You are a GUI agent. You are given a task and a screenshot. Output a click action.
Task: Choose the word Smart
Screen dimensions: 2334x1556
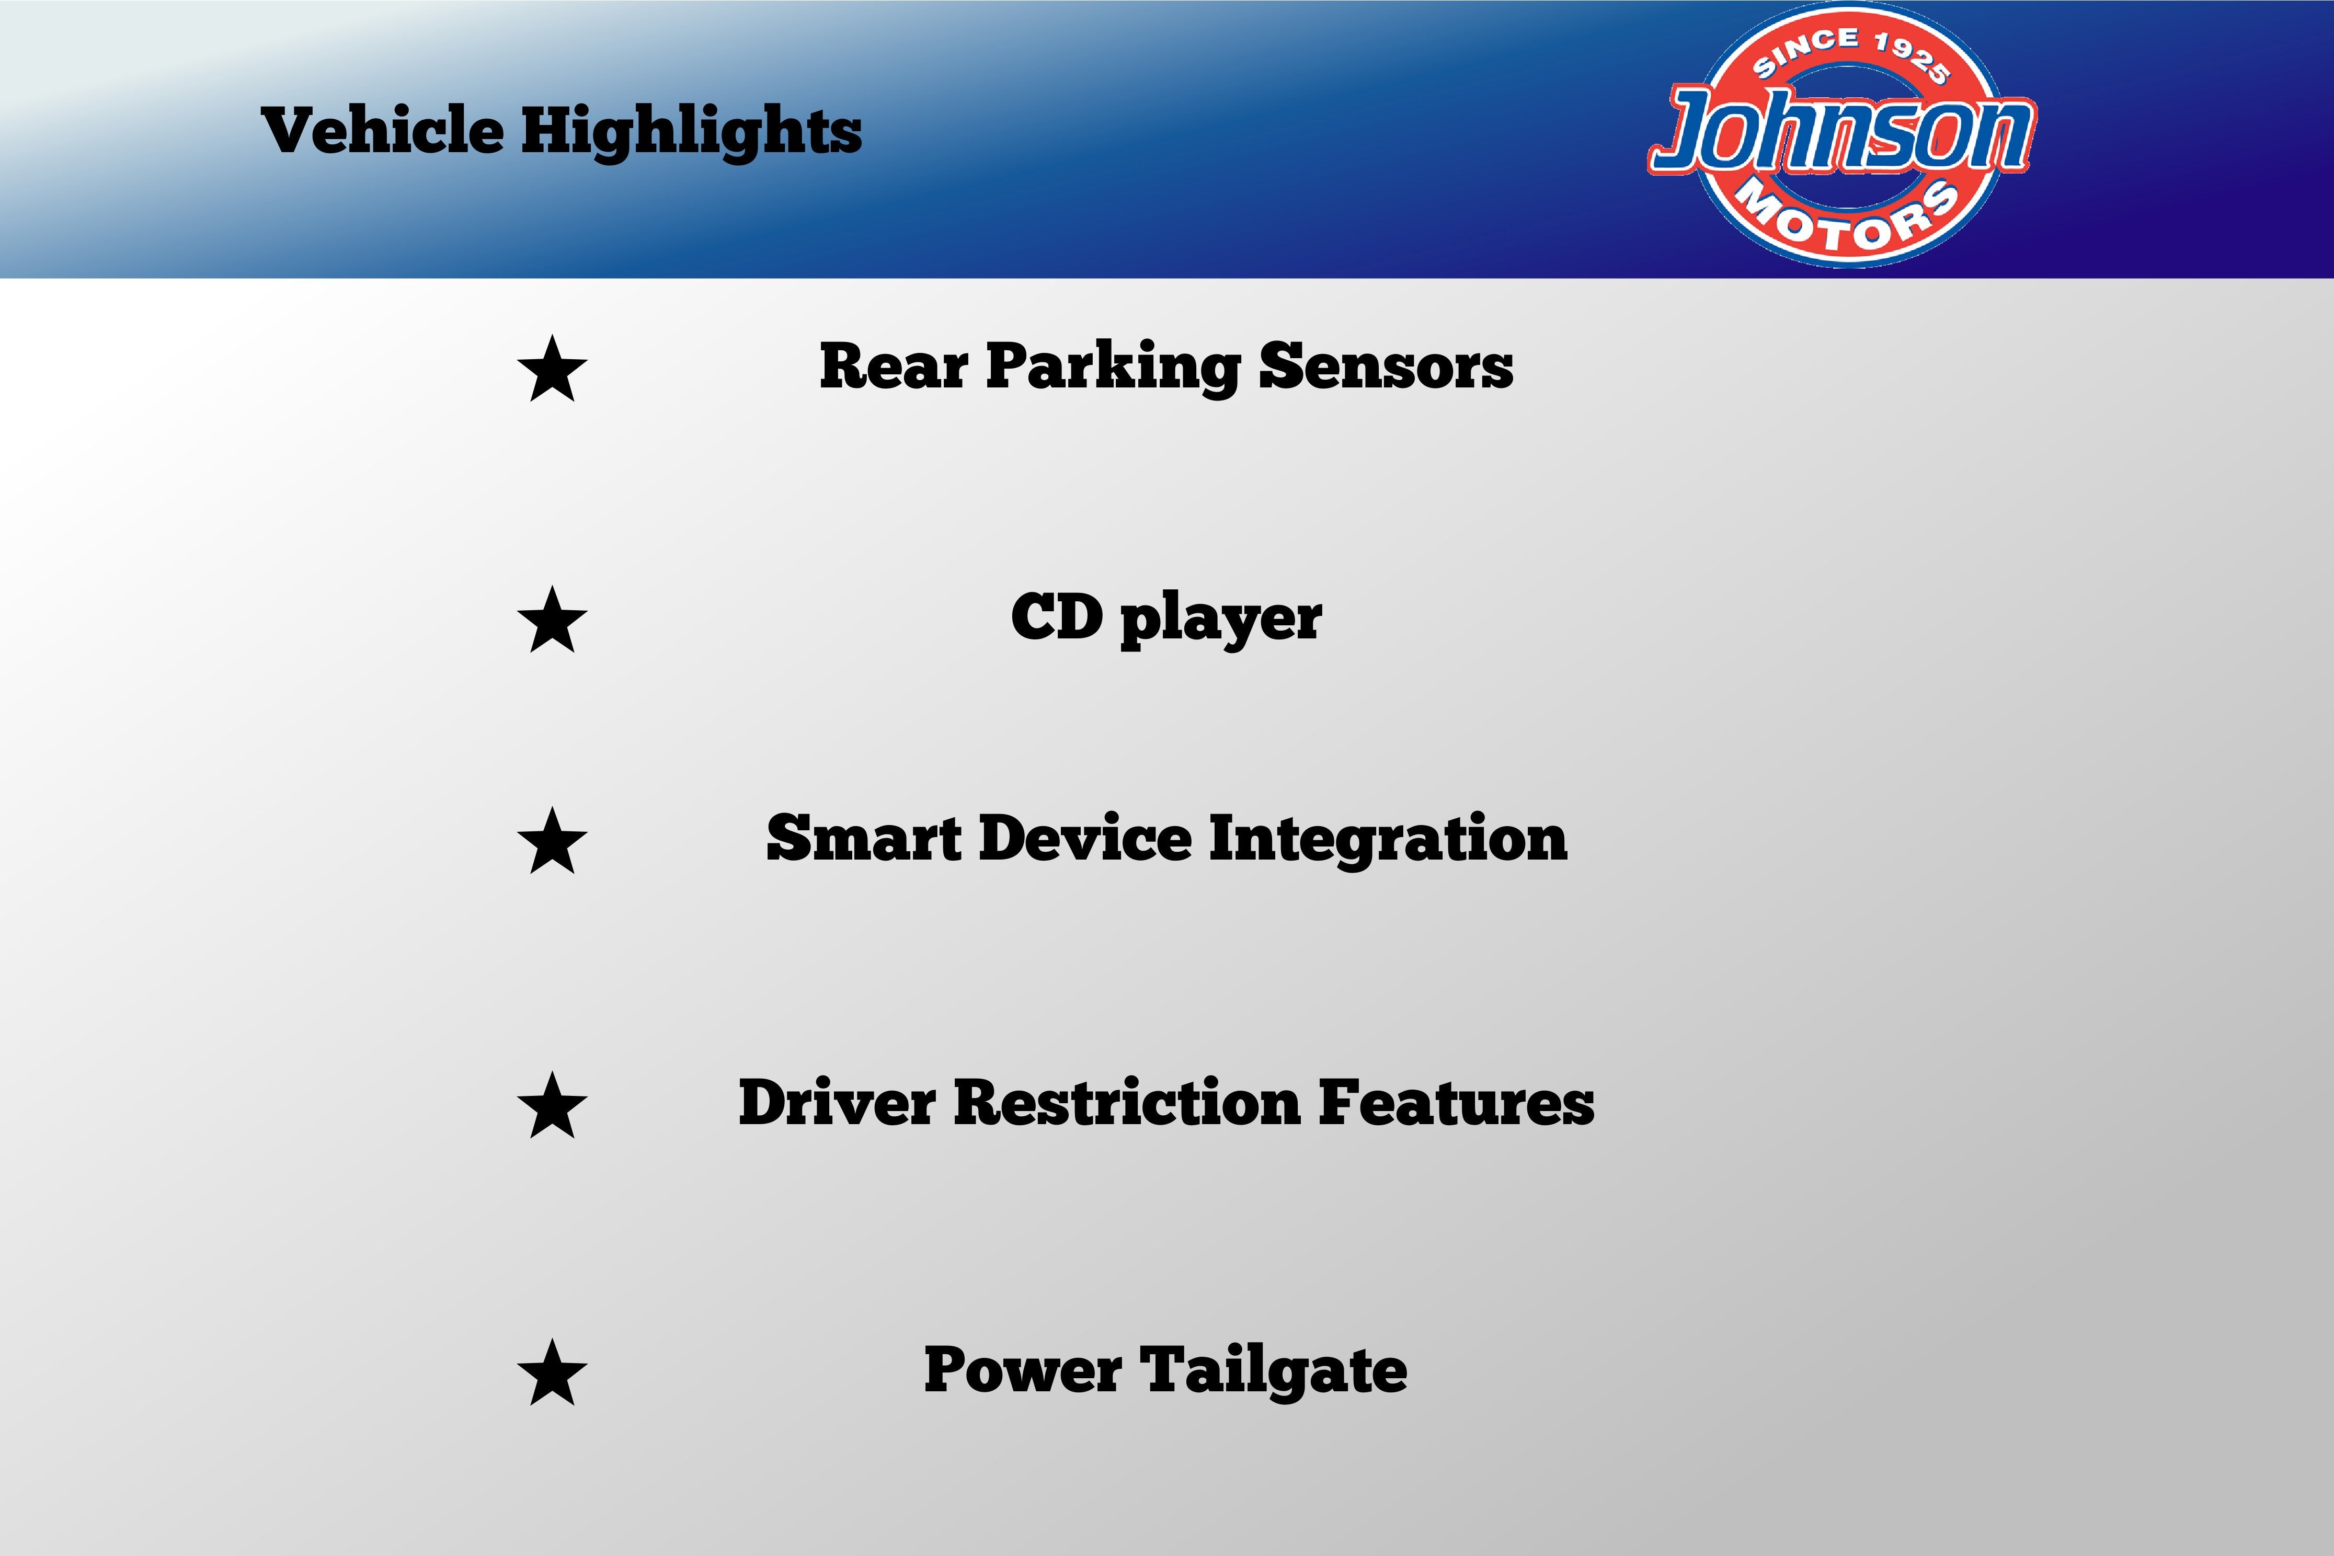(863, 839)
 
